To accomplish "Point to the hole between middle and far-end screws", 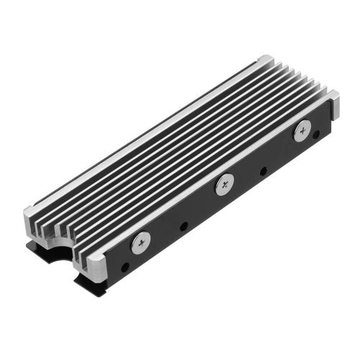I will [262, 172].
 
